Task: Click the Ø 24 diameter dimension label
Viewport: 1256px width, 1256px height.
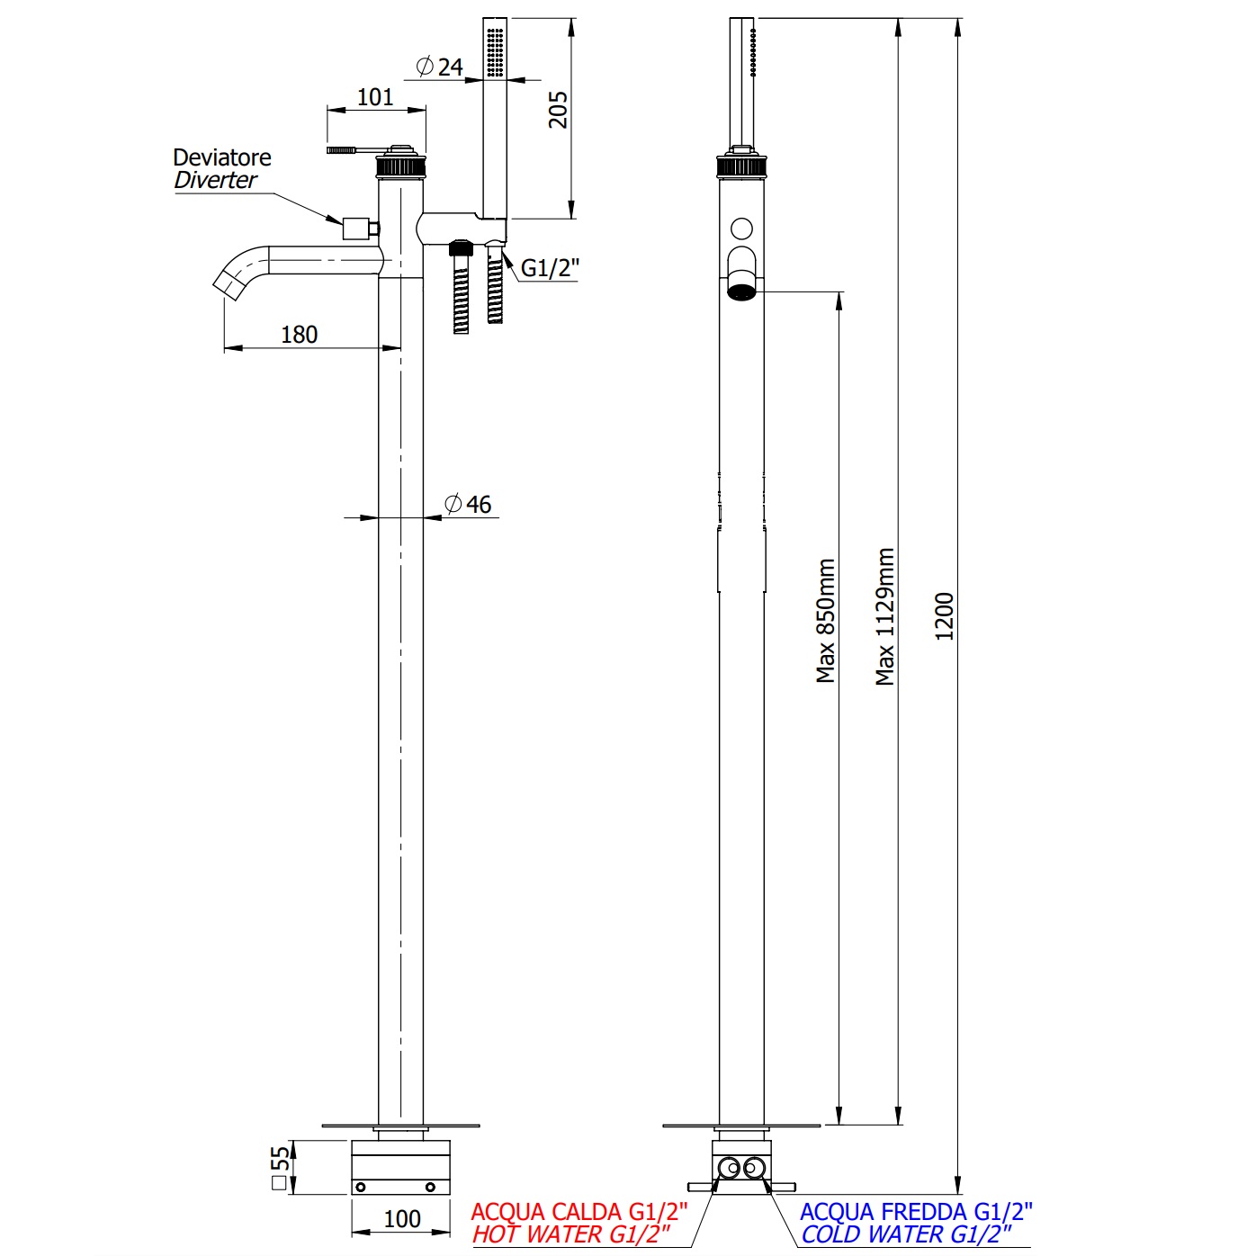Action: (440, 67)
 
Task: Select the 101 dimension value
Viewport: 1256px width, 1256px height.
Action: (375, 97)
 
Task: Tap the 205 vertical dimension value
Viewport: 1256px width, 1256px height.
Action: (559, 110)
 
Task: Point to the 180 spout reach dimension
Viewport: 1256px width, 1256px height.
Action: (299, 335)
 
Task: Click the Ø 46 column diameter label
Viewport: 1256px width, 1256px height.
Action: (469, 505)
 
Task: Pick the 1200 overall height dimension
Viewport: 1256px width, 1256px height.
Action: (944, 616)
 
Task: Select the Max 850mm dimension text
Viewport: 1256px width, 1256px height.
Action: (826, 621)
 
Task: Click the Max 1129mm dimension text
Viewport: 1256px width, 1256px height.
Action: (885, 617)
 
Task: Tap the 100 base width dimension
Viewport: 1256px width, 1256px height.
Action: (402, 1219)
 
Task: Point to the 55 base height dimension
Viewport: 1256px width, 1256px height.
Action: (281, 1167)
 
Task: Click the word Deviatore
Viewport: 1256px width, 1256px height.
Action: (222, 158)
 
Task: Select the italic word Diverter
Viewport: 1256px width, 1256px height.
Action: (216, 181)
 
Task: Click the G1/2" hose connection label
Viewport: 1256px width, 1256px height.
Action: (550, 268)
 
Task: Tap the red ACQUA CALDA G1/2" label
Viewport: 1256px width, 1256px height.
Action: (579, 1212)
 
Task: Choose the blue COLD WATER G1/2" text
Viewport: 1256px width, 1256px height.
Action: (906, 1235)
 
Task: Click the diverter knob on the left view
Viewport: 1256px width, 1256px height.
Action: (357, 228)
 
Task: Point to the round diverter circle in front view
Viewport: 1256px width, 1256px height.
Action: (741, 229)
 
